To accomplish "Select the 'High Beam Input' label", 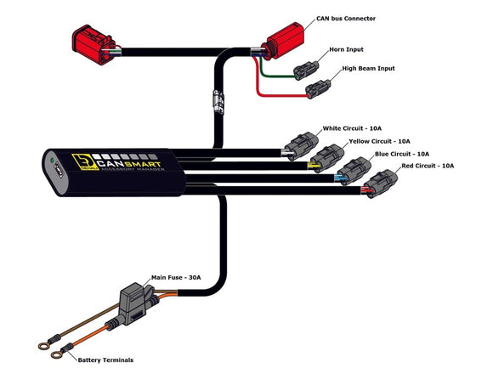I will pos(368,68).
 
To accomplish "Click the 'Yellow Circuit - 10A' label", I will pos(379,141).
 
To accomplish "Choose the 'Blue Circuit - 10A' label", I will pos(401,154).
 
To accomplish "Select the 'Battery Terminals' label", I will pos(105,360).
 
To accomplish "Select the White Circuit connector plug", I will pos(302,145).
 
